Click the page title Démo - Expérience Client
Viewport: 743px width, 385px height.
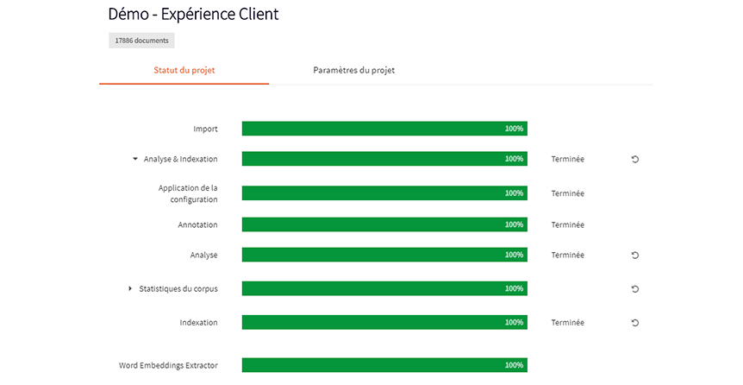click(193, 15)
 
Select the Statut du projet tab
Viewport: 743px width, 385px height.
click(184, 70)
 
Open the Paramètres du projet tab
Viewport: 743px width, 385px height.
click(353, 70)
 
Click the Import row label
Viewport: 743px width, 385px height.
click(205, 129)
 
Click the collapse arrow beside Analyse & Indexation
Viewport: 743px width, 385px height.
click(135, 159)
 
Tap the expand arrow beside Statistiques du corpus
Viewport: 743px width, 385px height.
click(130, 288)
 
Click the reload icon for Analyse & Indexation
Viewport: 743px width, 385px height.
click(635, 159)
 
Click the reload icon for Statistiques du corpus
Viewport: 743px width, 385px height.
click(635, 288)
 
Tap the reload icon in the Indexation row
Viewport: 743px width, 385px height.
click(635, 323)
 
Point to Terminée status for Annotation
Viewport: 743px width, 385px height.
click(567, 224)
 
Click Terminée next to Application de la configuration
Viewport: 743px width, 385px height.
click(567, 193)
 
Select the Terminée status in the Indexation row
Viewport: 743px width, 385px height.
click(567, 323)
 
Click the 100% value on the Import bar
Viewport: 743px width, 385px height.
click(514, 129)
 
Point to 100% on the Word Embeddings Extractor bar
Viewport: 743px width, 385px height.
click(514, 365)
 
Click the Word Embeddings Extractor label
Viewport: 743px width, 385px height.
click(168, 365)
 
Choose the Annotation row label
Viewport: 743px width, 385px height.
click(197, 224)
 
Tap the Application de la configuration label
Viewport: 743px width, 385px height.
click(188, 193)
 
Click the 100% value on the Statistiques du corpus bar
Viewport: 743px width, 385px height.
click(514, 288)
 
